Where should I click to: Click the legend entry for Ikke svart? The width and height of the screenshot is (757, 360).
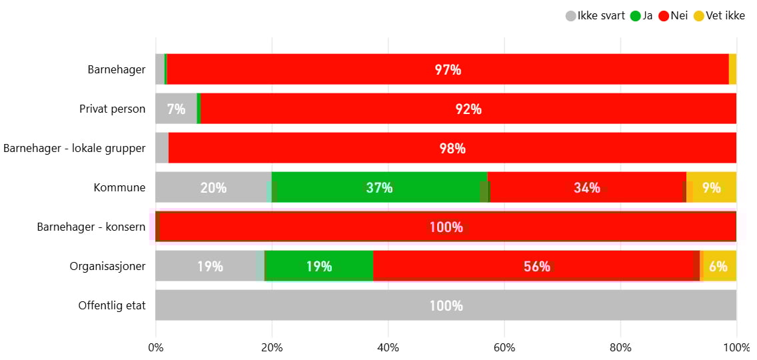pos(595,16)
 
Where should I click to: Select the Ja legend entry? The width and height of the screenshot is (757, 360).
pos(642,16)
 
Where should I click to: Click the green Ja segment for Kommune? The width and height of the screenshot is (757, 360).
pos(379,187)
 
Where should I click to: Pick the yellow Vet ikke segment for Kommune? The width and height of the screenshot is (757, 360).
pos(712,187)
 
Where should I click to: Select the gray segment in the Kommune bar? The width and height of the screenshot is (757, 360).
pos(213,187)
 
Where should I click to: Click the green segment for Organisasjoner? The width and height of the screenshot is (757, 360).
pos(319,266)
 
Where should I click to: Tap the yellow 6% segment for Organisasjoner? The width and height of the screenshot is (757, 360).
pos(718,266)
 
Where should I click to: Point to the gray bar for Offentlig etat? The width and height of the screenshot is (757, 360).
pos(446,305)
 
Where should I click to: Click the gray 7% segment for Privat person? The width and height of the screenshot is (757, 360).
pos(176,109)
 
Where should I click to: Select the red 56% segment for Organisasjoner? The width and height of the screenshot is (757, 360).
pos(536,266)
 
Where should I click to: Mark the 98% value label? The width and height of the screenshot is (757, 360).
pos(452,148)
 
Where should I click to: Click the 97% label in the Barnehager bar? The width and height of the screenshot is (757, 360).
pos(448,69)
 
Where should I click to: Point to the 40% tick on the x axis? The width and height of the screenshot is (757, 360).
pos(388,347)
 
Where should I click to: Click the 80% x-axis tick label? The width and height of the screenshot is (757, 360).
pos(620,347)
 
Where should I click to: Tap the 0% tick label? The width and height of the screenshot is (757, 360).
pos(156,347)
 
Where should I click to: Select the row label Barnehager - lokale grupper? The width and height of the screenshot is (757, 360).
pos(74,148)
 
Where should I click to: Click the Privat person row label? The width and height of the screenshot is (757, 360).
pos(112,109)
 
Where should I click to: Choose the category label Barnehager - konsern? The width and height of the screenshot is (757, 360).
pos(91,227)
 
